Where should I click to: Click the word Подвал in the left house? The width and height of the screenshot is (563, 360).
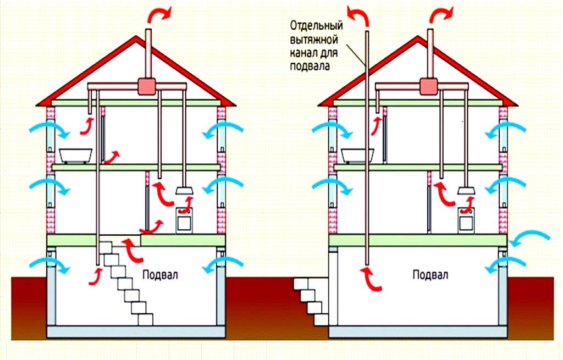point(160,275)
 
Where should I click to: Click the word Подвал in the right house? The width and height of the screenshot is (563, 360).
point(430,275)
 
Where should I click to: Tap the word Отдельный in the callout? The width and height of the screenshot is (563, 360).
point(316,25)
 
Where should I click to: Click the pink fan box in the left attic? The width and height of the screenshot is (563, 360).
point(147,86)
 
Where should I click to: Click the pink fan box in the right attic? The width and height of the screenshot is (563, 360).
point(429,86)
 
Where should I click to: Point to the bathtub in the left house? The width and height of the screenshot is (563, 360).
point(76,156)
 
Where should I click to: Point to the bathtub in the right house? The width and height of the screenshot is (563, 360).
point(357,156)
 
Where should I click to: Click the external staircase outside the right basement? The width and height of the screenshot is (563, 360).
point(312,301)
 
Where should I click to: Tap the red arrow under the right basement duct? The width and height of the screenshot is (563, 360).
point(371,279)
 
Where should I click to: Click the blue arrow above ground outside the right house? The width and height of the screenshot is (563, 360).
point(531,239)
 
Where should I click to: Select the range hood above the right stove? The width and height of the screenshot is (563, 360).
point(466,191)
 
